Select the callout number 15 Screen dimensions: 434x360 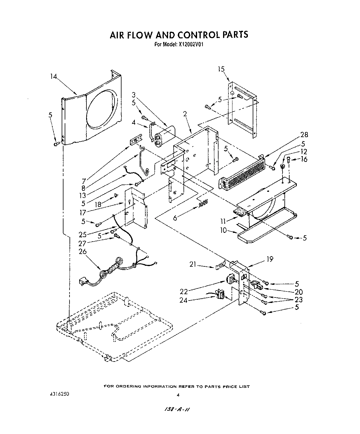[221, 69]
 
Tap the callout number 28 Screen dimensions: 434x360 [304, 135]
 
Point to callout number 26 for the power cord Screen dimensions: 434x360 [82, 251]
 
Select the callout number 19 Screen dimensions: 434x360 [270, 259]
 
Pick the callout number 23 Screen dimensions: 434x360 [298, 300]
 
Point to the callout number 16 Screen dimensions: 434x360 [303, 159]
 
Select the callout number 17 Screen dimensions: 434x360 [82, 212]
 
